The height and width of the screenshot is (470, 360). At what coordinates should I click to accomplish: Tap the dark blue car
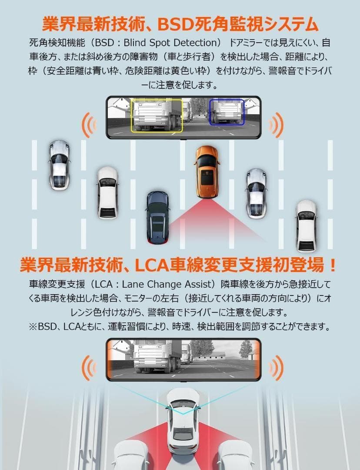click(x=157, y=216)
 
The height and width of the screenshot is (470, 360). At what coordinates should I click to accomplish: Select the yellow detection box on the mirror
click(x=157, y=115)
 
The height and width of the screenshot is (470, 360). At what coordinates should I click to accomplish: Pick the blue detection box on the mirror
click(x=227, y=112)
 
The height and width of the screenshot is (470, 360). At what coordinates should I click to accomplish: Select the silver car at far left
click(x=59, y=164)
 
